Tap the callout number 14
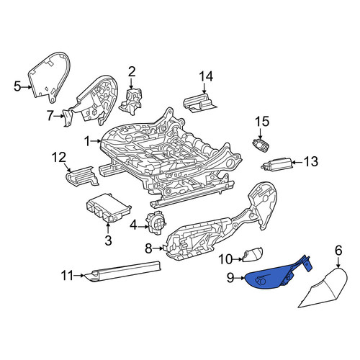(206, 77)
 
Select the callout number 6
(338, 251)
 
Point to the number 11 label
(67, 276)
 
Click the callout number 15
(262, 122)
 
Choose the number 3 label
(108, 240)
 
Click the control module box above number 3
(109, 207)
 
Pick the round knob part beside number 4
(156, 222)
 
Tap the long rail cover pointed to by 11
(125, 271)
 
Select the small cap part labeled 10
(253, 253)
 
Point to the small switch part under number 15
(261, 145)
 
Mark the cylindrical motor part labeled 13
(276, 164)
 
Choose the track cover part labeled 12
(82, 176)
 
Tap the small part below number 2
(131, 102)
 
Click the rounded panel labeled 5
(50, 77)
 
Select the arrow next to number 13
(297, 163)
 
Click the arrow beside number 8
(158, 248)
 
